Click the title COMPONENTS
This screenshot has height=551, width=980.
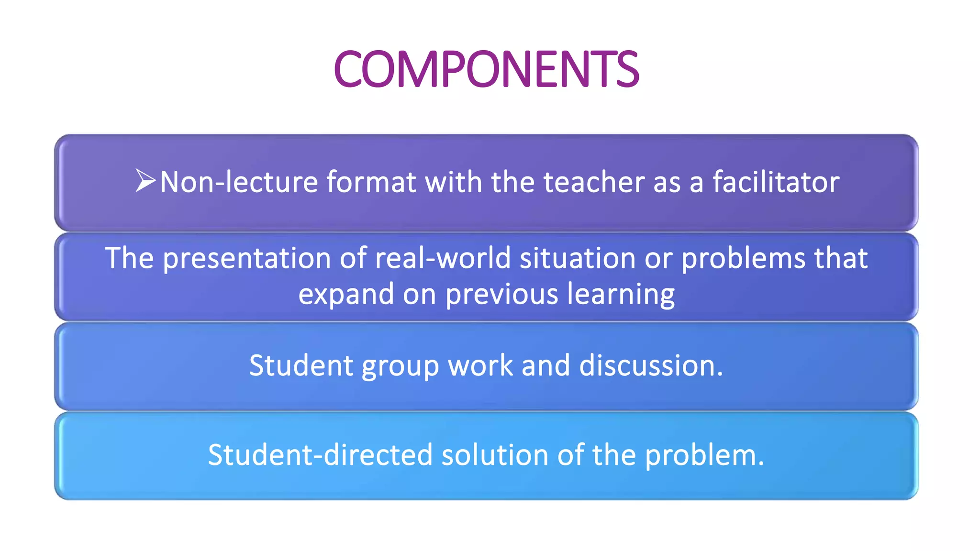click(486, 69)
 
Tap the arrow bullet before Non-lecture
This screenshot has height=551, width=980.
click(145, 181)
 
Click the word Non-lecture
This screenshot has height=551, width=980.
click(239, 182)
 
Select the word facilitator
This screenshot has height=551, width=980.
click(776, 182)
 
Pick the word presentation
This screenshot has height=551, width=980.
click(247, 259)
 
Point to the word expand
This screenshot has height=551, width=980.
click(345, 294)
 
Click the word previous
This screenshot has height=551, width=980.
click(501, 294)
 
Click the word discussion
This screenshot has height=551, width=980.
click(651, 366)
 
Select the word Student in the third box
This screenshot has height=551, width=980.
click(301, 366)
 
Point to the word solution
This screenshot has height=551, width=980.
click(495, 455)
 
